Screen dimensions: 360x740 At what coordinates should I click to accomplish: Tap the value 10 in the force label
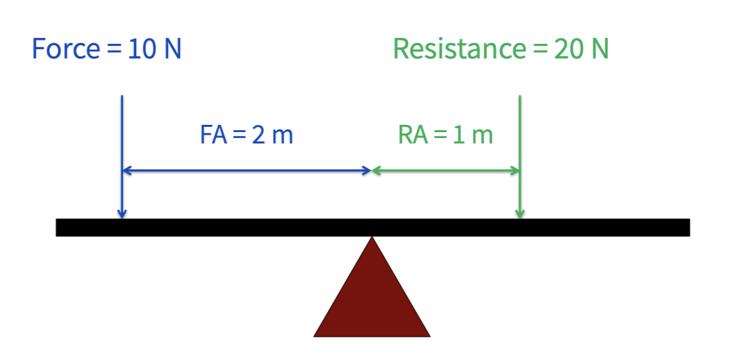click(141, 49)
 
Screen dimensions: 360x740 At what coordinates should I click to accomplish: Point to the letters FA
click(213, 135)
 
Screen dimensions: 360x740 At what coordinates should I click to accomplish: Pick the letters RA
click(411, 135)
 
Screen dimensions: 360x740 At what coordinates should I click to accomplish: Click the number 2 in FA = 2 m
click(258, 135)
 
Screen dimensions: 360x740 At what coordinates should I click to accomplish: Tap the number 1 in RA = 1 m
click(458, 135)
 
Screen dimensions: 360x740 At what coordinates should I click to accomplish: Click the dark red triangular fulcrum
click(372, 299)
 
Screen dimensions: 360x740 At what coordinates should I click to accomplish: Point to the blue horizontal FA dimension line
click(246, 171)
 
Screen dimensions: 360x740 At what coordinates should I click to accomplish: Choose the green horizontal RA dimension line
click(446, 171)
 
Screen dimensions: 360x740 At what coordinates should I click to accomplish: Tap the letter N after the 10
click(172, 49)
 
